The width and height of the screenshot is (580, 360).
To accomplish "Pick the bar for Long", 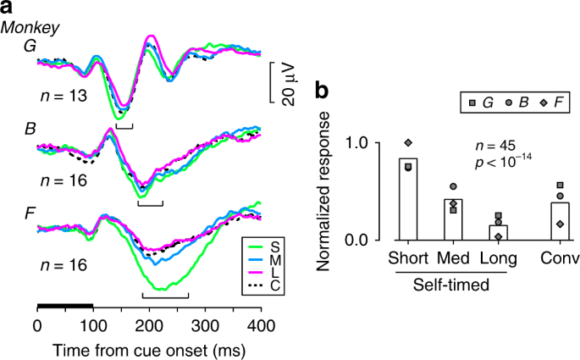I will coord(500,232).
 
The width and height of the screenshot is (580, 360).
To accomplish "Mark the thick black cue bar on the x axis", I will coord(65,303).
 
